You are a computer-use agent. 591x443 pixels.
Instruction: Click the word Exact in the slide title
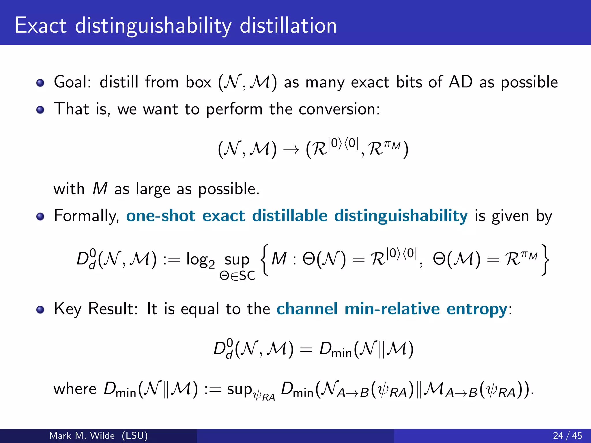point(41,25)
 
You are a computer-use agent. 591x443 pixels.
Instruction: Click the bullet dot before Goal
point(40,83)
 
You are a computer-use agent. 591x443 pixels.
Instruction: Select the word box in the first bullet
point(198,82)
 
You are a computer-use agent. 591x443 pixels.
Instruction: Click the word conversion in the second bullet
point(339,109)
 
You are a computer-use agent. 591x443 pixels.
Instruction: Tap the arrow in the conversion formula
point(291,150)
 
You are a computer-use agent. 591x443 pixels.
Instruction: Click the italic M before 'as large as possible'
point(100,189)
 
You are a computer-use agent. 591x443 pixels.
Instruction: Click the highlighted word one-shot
point(161,216)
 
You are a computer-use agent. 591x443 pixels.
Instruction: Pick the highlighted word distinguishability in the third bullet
point(401,216)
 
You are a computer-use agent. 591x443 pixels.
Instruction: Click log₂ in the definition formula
point(200,260)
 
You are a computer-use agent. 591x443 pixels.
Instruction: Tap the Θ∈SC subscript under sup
point(237,276)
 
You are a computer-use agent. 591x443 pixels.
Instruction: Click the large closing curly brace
point(545,260)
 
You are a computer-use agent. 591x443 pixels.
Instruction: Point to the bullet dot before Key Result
point(40,310)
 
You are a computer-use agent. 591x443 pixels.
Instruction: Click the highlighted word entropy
point(477,309)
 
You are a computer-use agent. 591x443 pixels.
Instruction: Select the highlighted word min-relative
point(392,309)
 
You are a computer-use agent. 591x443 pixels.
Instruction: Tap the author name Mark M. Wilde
point(82,436)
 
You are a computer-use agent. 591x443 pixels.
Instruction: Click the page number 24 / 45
point(567,436)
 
